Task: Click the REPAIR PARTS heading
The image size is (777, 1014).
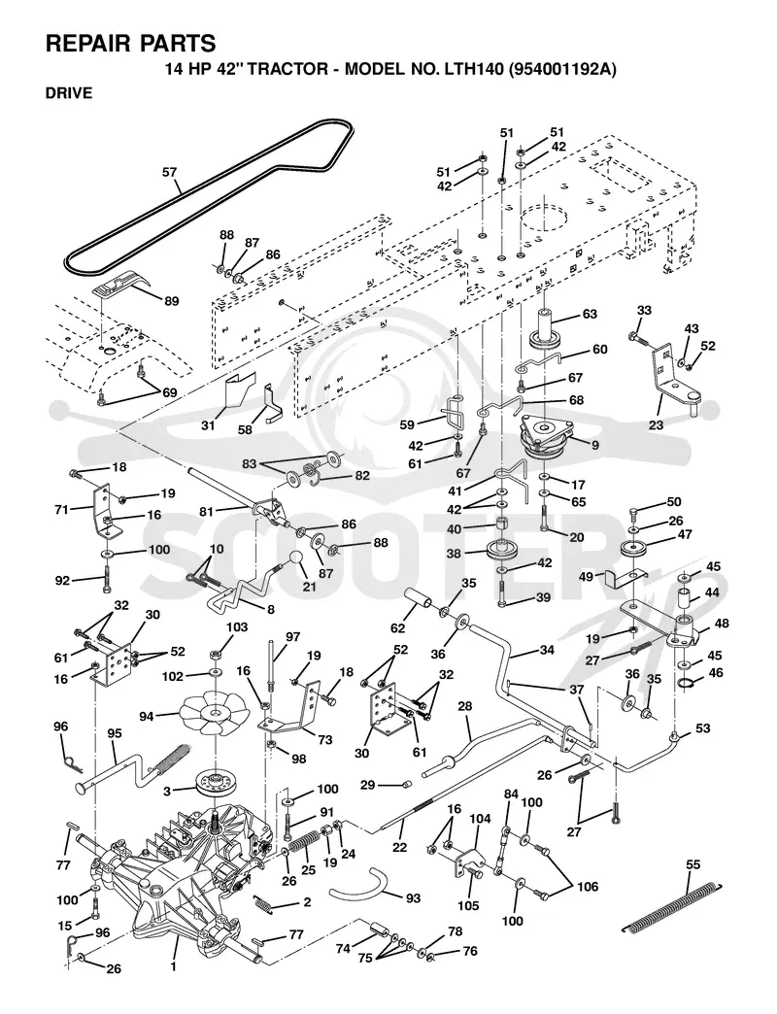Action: (x=130, y=43)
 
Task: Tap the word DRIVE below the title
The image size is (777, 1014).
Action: (x=69, y=93)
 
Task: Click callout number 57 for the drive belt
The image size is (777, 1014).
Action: (x=169, y=173)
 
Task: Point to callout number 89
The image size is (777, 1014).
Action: (x=171, y=301)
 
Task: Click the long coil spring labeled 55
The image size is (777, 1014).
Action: (x=672, y=906)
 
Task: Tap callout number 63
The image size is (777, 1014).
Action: (x=590, y=315)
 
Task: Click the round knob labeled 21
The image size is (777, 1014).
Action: (x=296, y=558)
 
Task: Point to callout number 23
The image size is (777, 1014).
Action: (x=657, y=424)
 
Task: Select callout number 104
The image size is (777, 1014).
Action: (x=480, y=819)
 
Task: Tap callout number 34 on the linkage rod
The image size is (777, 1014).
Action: (x=547, y=650)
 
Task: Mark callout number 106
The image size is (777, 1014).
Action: (x=588, y=886)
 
